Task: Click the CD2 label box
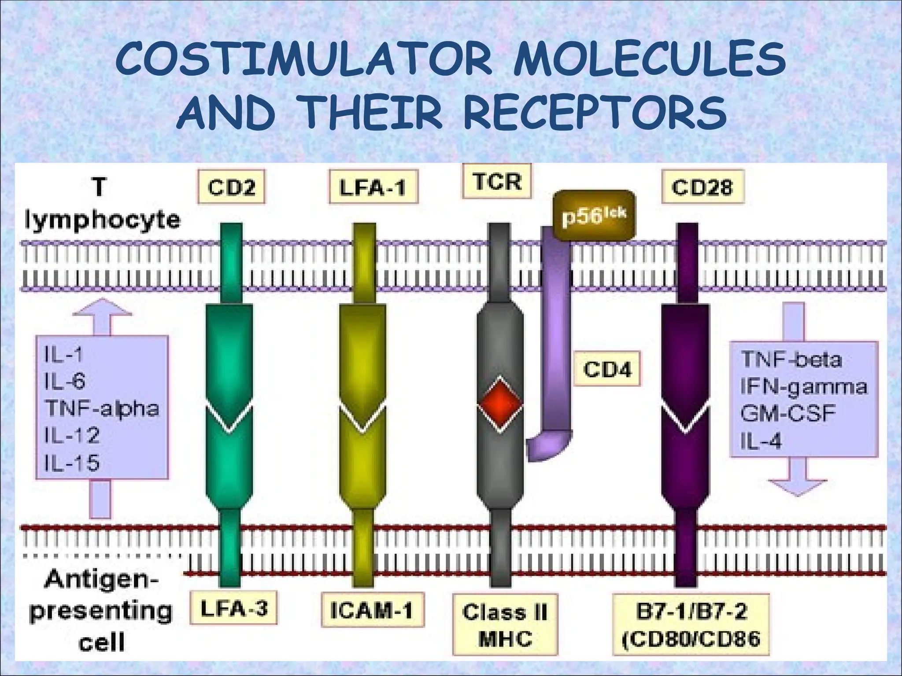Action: pyautogui.click(x=231, y=187)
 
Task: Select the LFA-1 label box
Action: pyautogui.click(x=373, y=187)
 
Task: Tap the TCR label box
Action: pyautogui.click(x=497, y=181)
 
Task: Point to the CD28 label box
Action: pyautogui.click(x=702, y=187)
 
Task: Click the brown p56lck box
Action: pyautogui.click(x=594, y=215)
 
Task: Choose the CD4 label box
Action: pyautogui.click(x=607, y=369)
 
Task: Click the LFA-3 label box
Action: pyautogui.click(x=234, y=608)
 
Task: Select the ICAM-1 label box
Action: pyautogui.click(x=372, y=610)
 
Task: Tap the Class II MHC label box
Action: pyautogui.click(x=505, y=625)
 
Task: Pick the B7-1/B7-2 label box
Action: pyautogui.click(x=691, y=625)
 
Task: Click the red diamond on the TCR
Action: pyautogui.click(x=500, y=403)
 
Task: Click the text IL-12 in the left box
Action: pyautogui.click(x=72, y=435)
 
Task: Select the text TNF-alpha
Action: pyautogui.click(x=102, y=408)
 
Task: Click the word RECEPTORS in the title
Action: pyautogui.click(x=595, y=113)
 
